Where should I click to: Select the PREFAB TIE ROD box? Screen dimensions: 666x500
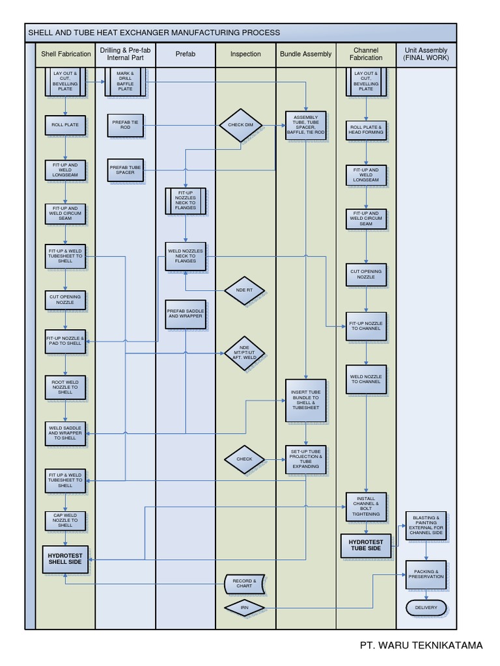[x=125, y=125]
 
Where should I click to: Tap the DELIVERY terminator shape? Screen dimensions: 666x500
[x=426, y=608]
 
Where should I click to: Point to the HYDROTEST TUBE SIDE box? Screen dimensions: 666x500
[x=366, y=546]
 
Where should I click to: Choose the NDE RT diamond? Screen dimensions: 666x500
[x=245, y=290]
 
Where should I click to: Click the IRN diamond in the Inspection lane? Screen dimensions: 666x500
[x=245, y=607]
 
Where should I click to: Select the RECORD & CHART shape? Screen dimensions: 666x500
[x=245, y=583]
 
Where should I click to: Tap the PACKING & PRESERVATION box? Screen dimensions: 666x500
[x=426, y=574]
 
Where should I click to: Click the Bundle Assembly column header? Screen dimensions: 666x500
[x=306, y=54]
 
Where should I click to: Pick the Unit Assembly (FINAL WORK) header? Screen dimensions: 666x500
[x=426, y=54]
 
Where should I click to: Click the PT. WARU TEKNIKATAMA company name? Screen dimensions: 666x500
[x=421, y=645]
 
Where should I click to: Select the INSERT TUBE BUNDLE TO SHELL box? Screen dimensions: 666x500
[x=305, y=400]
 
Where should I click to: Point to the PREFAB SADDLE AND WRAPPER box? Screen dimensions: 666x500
[x=186, y=313]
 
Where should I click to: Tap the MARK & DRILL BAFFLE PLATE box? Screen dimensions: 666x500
[x=125, y=81]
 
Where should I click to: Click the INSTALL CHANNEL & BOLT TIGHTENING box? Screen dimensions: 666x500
[x=366, y=507]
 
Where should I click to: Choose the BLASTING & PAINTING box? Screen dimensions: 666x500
[x=426, y=526]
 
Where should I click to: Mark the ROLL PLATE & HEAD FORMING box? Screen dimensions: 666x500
[x=366, y=130]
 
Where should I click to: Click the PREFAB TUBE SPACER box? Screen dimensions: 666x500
[x=125, y=170]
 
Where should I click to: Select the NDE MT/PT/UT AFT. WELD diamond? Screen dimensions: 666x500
[x=245, y=353]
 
